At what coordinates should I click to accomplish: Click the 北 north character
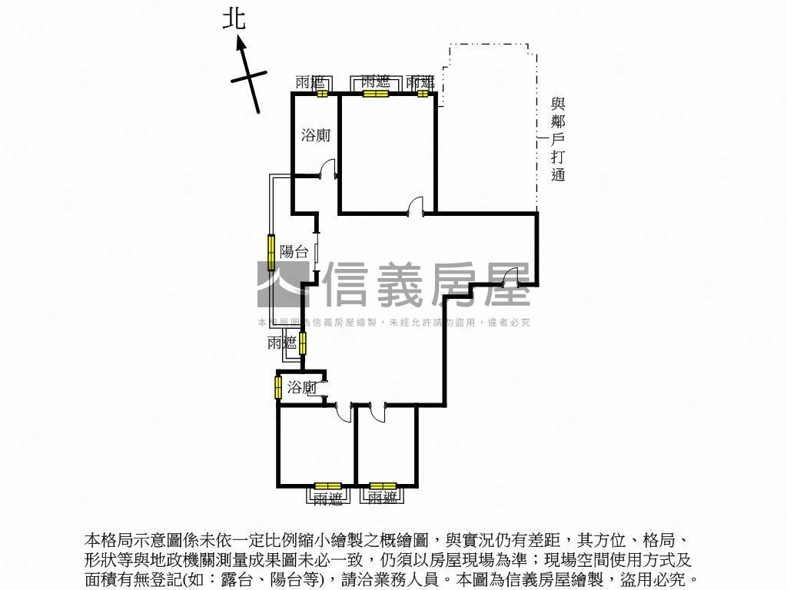click(234, 18)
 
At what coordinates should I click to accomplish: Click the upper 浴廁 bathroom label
click(315, 135)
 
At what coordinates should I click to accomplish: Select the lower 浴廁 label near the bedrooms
click(302, 388)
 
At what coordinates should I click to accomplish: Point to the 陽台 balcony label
click(294, 251)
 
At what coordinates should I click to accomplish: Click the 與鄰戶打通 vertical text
click(558, 139)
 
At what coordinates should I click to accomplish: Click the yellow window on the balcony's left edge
click(271, 250)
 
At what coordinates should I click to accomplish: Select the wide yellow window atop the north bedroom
click(376, 94)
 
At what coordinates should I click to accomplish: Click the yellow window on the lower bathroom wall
click(278, 387)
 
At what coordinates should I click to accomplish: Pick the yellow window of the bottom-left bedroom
click(327, 486)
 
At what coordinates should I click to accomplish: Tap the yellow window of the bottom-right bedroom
click(382, 486)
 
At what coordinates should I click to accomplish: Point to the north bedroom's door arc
click(416, 206)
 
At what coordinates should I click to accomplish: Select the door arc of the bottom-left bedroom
click(344, 413)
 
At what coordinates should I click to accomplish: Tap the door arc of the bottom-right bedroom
click(377, 413)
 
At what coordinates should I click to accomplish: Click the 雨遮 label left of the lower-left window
click(282, 343)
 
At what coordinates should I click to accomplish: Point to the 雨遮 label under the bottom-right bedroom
click(382, 499)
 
